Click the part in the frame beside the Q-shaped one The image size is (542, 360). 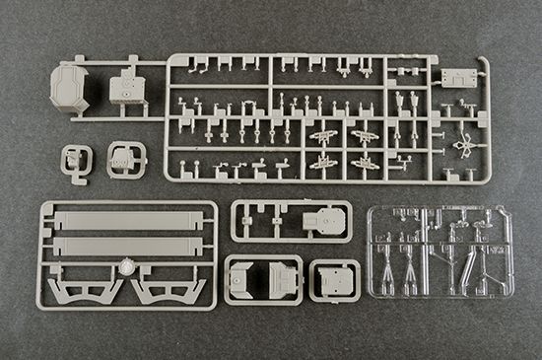click(125, 158)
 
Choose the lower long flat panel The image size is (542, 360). click(126, 245)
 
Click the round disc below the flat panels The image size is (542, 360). click(126, 267)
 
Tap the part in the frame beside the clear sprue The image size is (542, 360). click(334, 279)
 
